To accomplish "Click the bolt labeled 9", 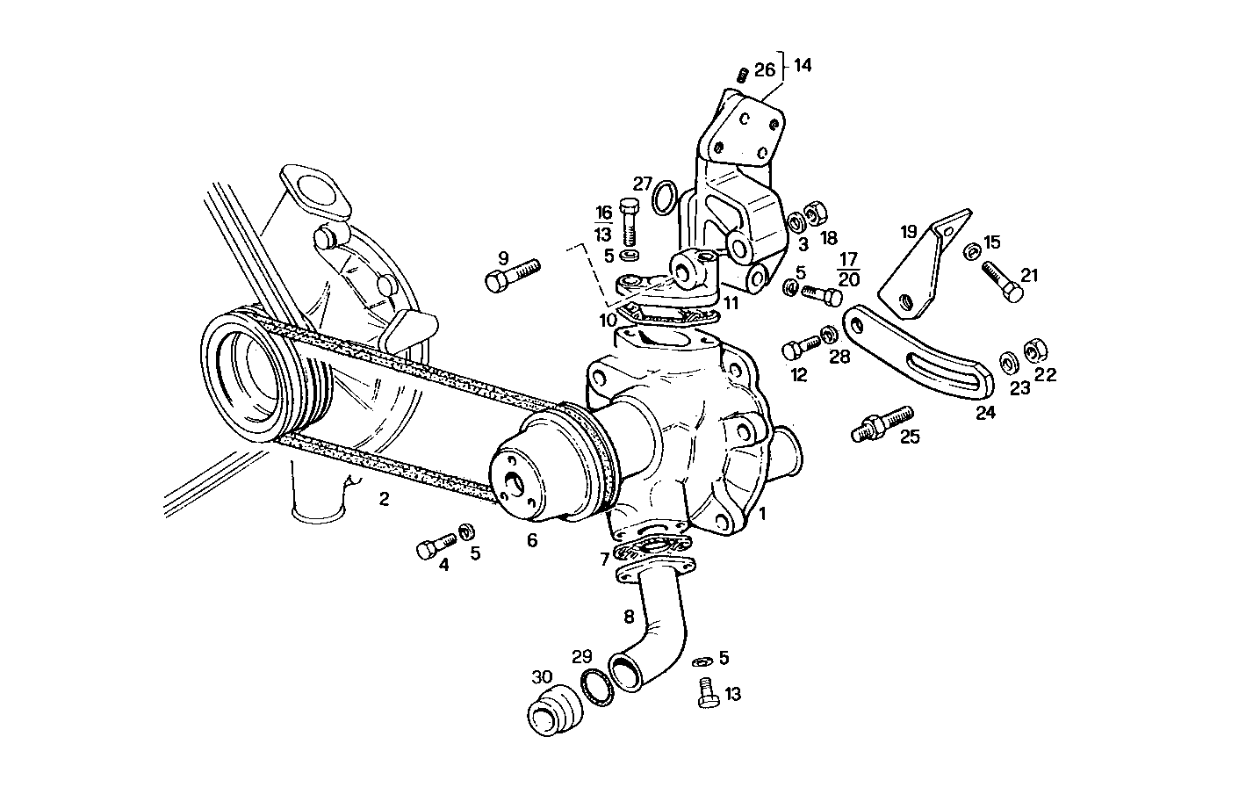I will (510, 273).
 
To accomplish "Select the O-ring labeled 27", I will (666, 199).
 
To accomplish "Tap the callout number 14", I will (803, 65).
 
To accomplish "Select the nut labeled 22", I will (1033, 350).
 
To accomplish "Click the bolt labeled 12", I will (798, 349).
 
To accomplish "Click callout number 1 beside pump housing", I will (763, 514).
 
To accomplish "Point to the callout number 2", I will (384, 500).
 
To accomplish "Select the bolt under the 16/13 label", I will (629, 221).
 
